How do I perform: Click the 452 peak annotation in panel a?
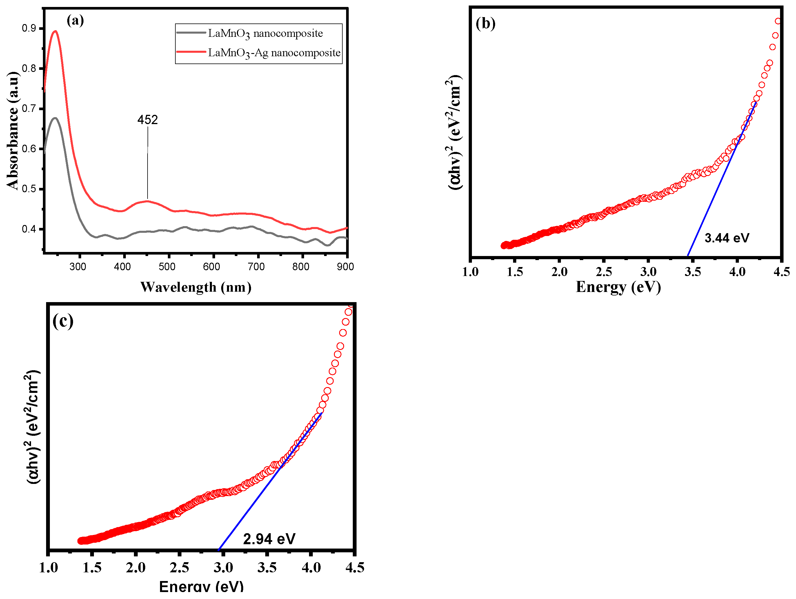148,120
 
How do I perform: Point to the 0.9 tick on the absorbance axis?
29,28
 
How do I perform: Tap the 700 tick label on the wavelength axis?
256,267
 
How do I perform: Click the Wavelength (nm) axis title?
196,287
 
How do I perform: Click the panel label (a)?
75,21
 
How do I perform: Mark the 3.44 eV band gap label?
726,238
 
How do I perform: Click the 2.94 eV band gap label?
269,539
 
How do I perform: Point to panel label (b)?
486,23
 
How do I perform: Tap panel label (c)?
63,320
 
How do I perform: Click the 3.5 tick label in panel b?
692,272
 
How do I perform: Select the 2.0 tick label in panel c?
136,568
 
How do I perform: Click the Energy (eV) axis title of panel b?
618,287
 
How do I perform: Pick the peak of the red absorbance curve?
55,31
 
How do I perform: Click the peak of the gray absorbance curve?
55,118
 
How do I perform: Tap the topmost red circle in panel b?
778,21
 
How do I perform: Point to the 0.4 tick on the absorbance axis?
29,229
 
